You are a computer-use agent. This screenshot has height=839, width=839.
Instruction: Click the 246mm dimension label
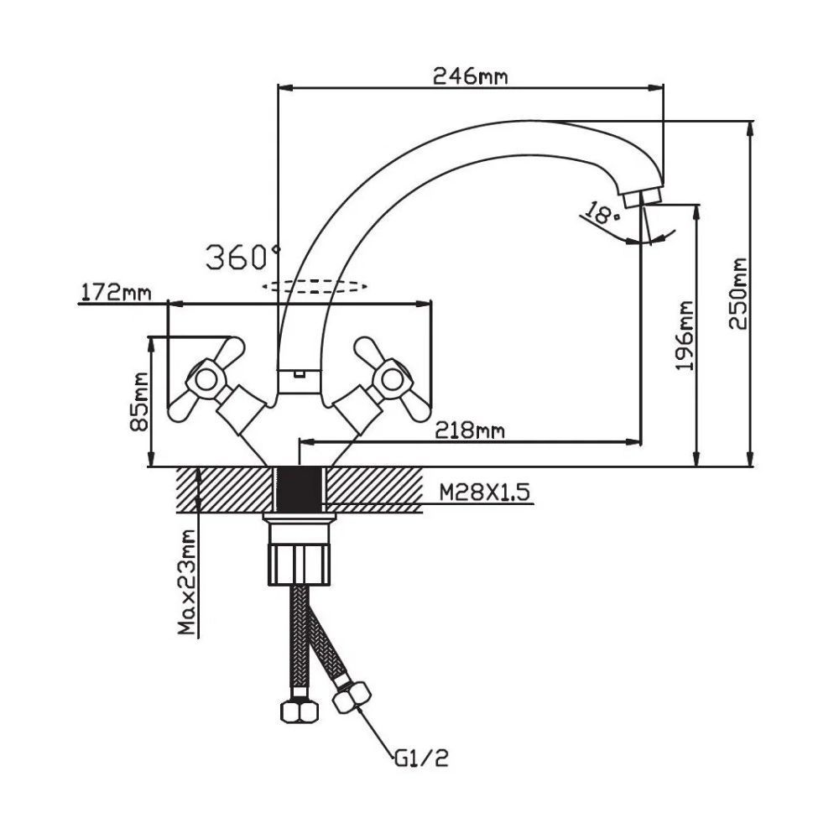470,76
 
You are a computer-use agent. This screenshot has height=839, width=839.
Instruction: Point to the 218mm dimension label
470,430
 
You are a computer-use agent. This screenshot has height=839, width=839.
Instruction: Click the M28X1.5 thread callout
485,492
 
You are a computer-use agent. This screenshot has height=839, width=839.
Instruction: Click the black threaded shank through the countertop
299,488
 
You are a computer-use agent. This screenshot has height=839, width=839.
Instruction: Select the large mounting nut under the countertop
300,562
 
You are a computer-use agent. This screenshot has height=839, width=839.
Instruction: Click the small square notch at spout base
298,373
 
